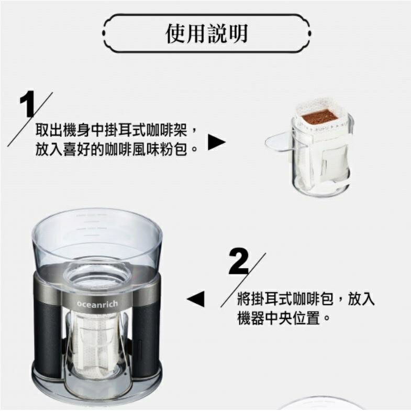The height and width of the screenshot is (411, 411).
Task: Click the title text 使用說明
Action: point(207,34)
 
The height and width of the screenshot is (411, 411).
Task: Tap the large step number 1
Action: point(27,104)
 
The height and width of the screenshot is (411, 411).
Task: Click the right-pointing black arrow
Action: point(217,142)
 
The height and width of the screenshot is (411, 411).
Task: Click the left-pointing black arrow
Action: point(195,298)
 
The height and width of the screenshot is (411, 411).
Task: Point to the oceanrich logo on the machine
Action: point(97,304)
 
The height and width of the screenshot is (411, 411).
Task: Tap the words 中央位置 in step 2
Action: point(292,318)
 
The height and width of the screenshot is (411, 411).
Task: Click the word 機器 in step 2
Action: point(251,318)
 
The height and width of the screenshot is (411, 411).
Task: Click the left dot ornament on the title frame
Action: point(104,34)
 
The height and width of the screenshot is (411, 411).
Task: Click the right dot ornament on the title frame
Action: point(310,34)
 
